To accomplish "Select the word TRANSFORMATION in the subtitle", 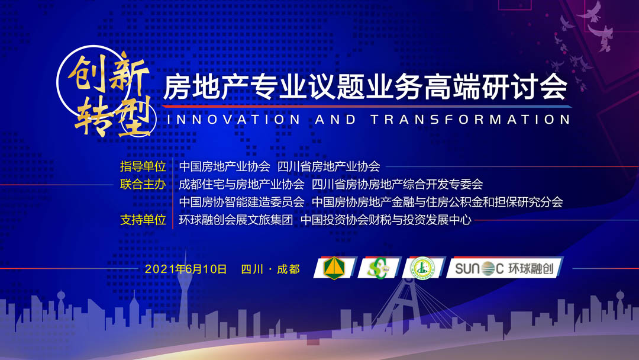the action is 470,120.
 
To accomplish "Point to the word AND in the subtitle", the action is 335,120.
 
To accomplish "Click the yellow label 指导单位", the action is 143,166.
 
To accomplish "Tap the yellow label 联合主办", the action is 143,184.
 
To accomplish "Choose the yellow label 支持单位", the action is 143,220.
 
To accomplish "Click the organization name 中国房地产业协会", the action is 225,166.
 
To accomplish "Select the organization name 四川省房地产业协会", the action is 329,166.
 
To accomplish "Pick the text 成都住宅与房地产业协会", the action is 241,184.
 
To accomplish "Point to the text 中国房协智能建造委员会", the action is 241,202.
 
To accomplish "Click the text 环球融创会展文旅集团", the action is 236,220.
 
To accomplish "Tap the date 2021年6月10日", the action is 186,269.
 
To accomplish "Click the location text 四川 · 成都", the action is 270,269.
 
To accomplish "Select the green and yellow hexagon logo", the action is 334,268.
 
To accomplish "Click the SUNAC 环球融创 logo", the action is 505,268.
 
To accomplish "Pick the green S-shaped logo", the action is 378,268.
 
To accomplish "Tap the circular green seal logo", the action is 422,268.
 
